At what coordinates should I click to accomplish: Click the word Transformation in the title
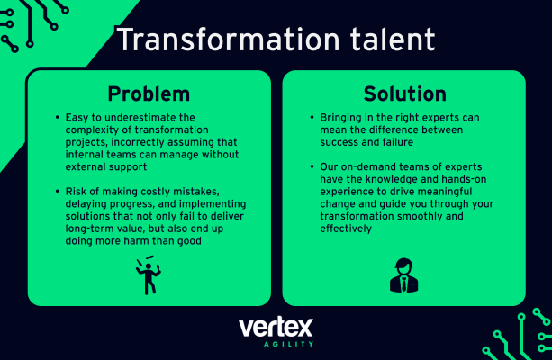pos(229,39)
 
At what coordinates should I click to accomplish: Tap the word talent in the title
pos(393,39)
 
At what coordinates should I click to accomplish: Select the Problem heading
pos(149,94)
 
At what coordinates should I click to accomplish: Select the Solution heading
pos(405,94)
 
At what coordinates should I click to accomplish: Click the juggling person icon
pos(149,275)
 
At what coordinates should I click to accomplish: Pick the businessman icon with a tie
pos(403,275)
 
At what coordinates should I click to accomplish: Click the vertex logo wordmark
pos(276,328)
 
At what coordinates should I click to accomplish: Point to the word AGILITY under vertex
pos(288,344)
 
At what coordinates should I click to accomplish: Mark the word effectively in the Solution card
pos(346,229)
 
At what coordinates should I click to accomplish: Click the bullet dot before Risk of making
pos(58,192)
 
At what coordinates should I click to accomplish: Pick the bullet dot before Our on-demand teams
pos(312,166)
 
